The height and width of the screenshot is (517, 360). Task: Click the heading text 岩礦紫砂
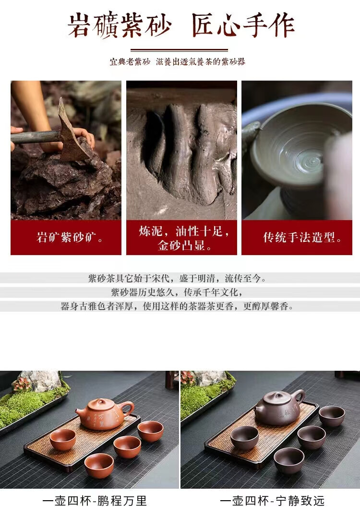coord(120,25)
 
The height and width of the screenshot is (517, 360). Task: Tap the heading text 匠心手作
coord(243,25)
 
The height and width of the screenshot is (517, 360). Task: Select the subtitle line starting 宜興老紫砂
coord(178,62)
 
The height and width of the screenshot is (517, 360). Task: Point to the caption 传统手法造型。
coord(302,237)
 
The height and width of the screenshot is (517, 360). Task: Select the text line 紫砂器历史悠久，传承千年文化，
coord(177,292)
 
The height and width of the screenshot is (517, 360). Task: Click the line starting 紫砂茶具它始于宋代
coord(177,278)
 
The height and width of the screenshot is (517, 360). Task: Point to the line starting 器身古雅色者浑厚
coord(177,306)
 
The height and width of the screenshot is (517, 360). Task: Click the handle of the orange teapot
coord(128,409)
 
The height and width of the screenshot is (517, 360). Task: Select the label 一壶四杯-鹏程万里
coord(95,501)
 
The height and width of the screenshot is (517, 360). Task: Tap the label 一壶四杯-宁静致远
coord(272,501)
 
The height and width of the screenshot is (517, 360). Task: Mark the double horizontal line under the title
coord(179,50)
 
